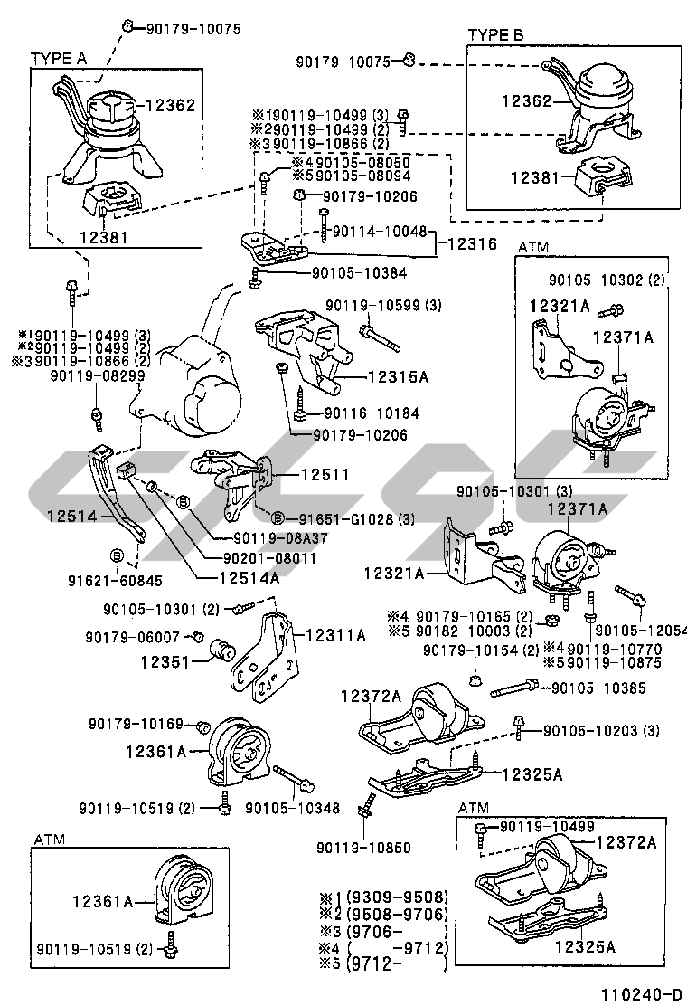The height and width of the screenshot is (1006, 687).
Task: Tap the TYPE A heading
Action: [59, 58]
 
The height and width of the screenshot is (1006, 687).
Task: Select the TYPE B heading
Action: [495, 35]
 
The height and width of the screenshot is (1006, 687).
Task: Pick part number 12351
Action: [164, 661]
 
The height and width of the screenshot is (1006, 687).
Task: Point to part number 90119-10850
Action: [364, 848]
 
